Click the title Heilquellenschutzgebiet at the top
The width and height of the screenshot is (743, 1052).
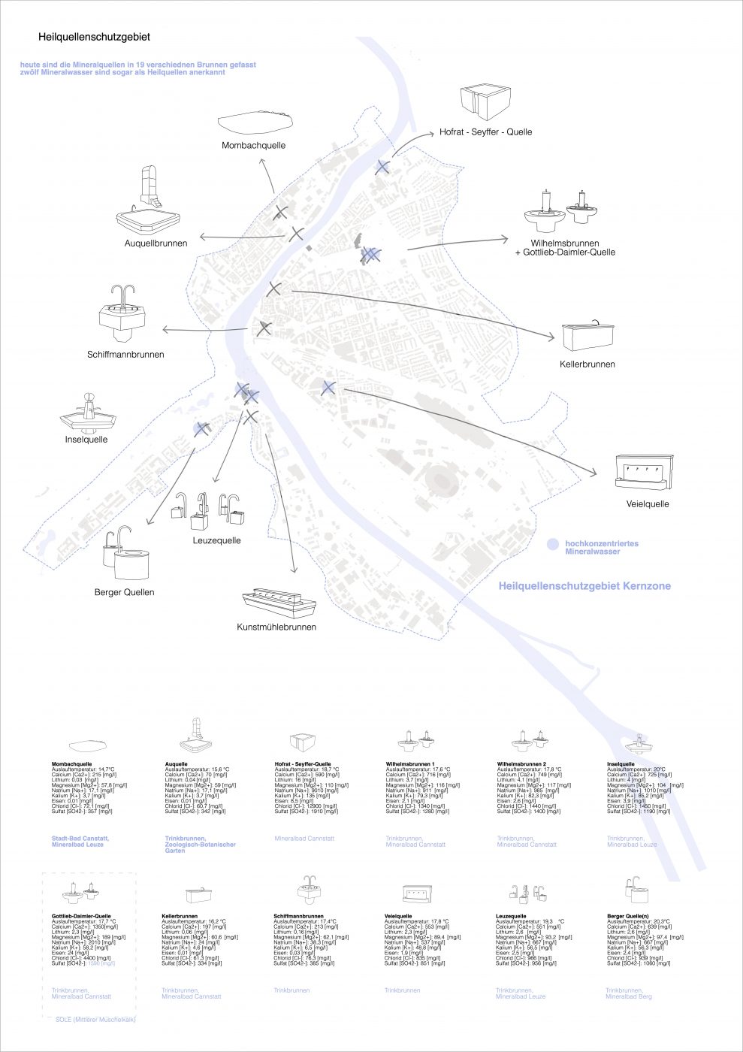tap(94, 37)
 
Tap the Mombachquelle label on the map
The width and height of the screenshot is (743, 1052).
tap(253, 145)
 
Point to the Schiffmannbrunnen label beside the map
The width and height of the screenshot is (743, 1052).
tap(125, 354)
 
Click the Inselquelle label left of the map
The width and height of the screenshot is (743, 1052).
tap(86, 440)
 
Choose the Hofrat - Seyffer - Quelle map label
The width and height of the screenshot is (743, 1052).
tap(485, 131)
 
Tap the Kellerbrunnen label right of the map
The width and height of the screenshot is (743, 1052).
tap(587, 364)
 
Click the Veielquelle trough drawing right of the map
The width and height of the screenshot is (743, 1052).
tap(644, 471)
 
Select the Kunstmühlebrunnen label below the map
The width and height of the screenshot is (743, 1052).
tap(276, 627)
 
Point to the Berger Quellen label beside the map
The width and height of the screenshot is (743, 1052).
tap(125, 592)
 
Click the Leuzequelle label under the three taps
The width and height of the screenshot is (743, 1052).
tap(216, 540)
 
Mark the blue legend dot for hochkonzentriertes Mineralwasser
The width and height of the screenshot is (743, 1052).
tap(553, 544)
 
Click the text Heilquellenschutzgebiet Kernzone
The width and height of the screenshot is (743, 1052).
tap(584, 586)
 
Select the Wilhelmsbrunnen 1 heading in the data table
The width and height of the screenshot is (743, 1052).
tap(410, 764)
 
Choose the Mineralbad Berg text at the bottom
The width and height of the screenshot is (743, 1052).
tap(629, 996)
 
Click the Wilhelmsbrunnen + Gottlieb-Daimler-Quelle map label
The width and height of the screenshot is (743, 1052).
tap(565, 248)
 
